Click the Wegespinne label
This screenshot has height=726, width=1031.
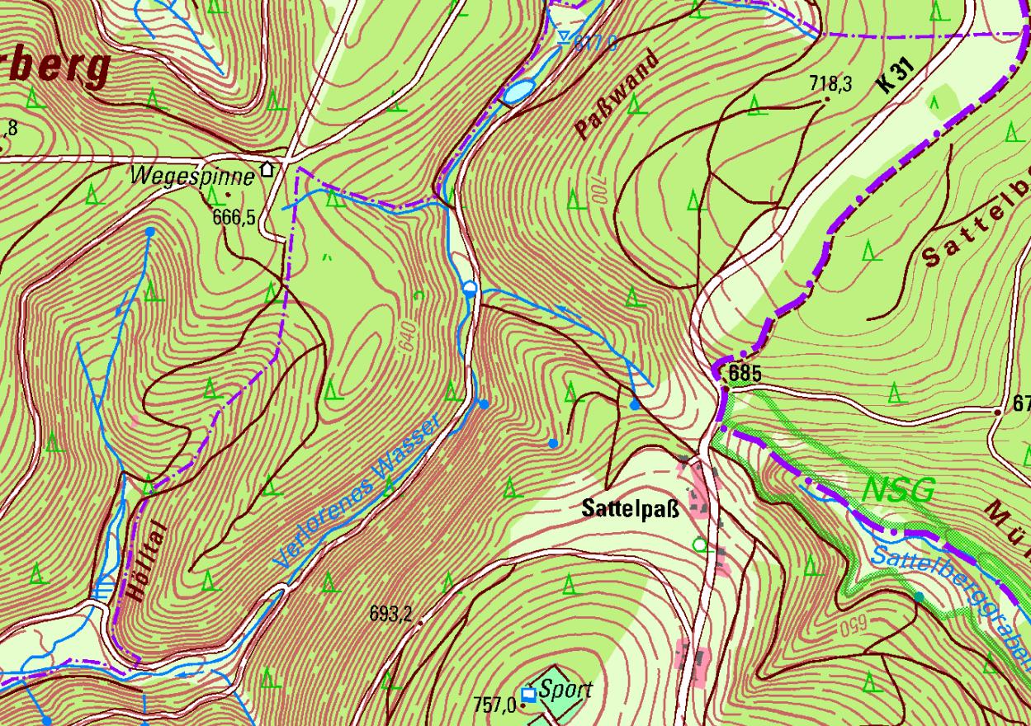(193, 176)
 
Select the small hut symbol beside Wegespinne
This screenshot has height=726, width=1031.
(267, 170)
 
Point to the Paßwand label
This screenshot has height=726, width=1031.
(617, 95)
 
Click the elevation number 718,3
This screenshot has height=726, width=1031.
(831, 84)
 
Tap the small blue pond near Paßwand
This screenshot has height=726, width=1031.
(518, 91)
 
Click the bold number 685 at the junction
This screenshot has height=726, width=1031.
(745, 374)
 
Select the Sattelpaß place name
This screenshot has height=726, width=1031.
(630, 509)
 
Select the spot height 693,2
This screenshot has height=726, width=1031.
(390, 614)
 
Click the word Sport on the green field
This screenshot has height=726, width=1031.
(565, 690)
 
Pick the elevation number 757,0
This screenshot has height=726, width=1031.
(494, 705)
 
